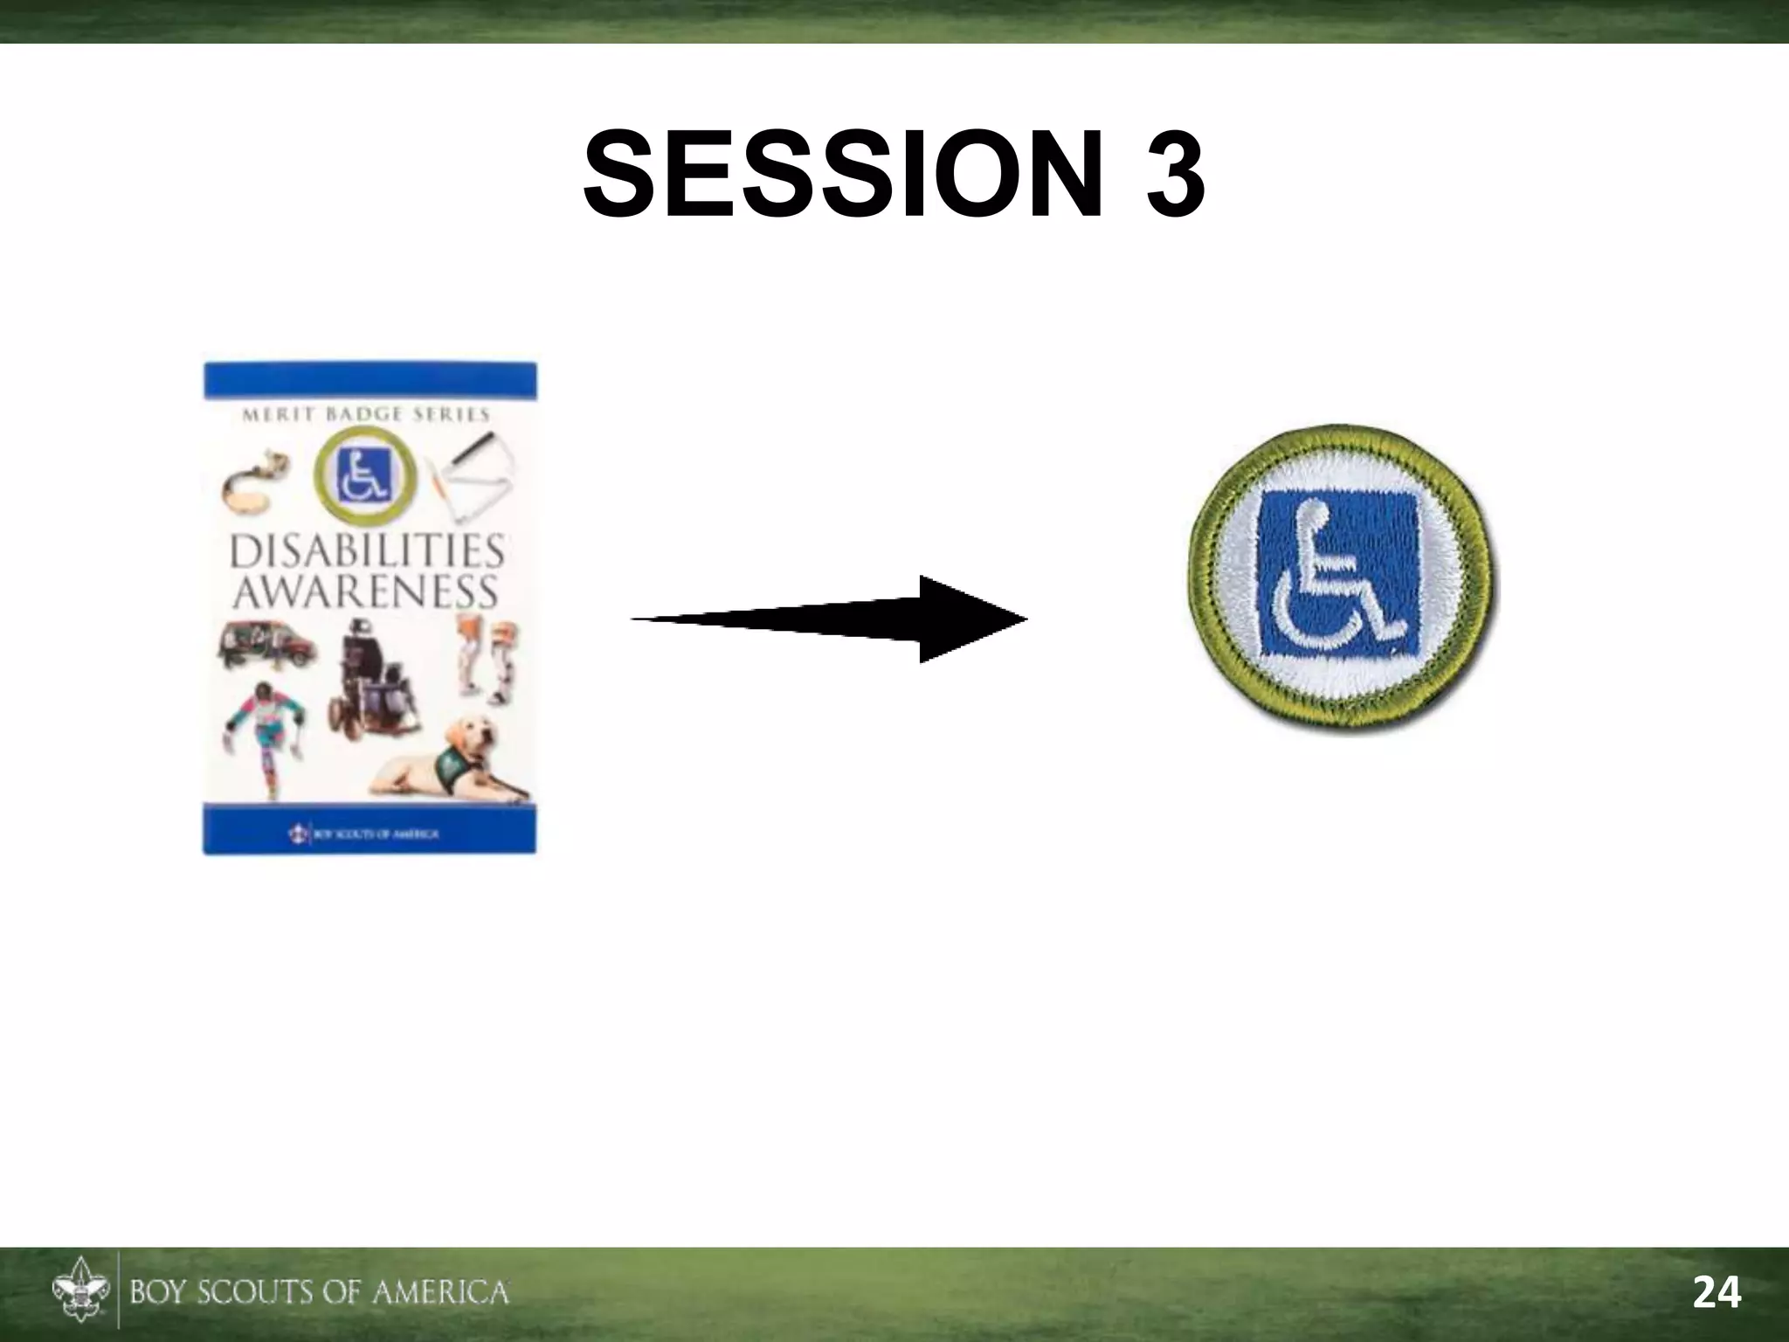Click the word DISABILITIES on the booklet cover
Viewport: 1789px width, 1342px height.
click(x=367, y=553)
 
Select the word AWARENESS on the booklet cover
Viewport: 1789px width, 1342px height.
click(x=365, y=591)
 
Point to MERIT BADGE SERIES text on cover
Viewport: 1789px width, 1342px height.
click(x=365, y=415)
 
